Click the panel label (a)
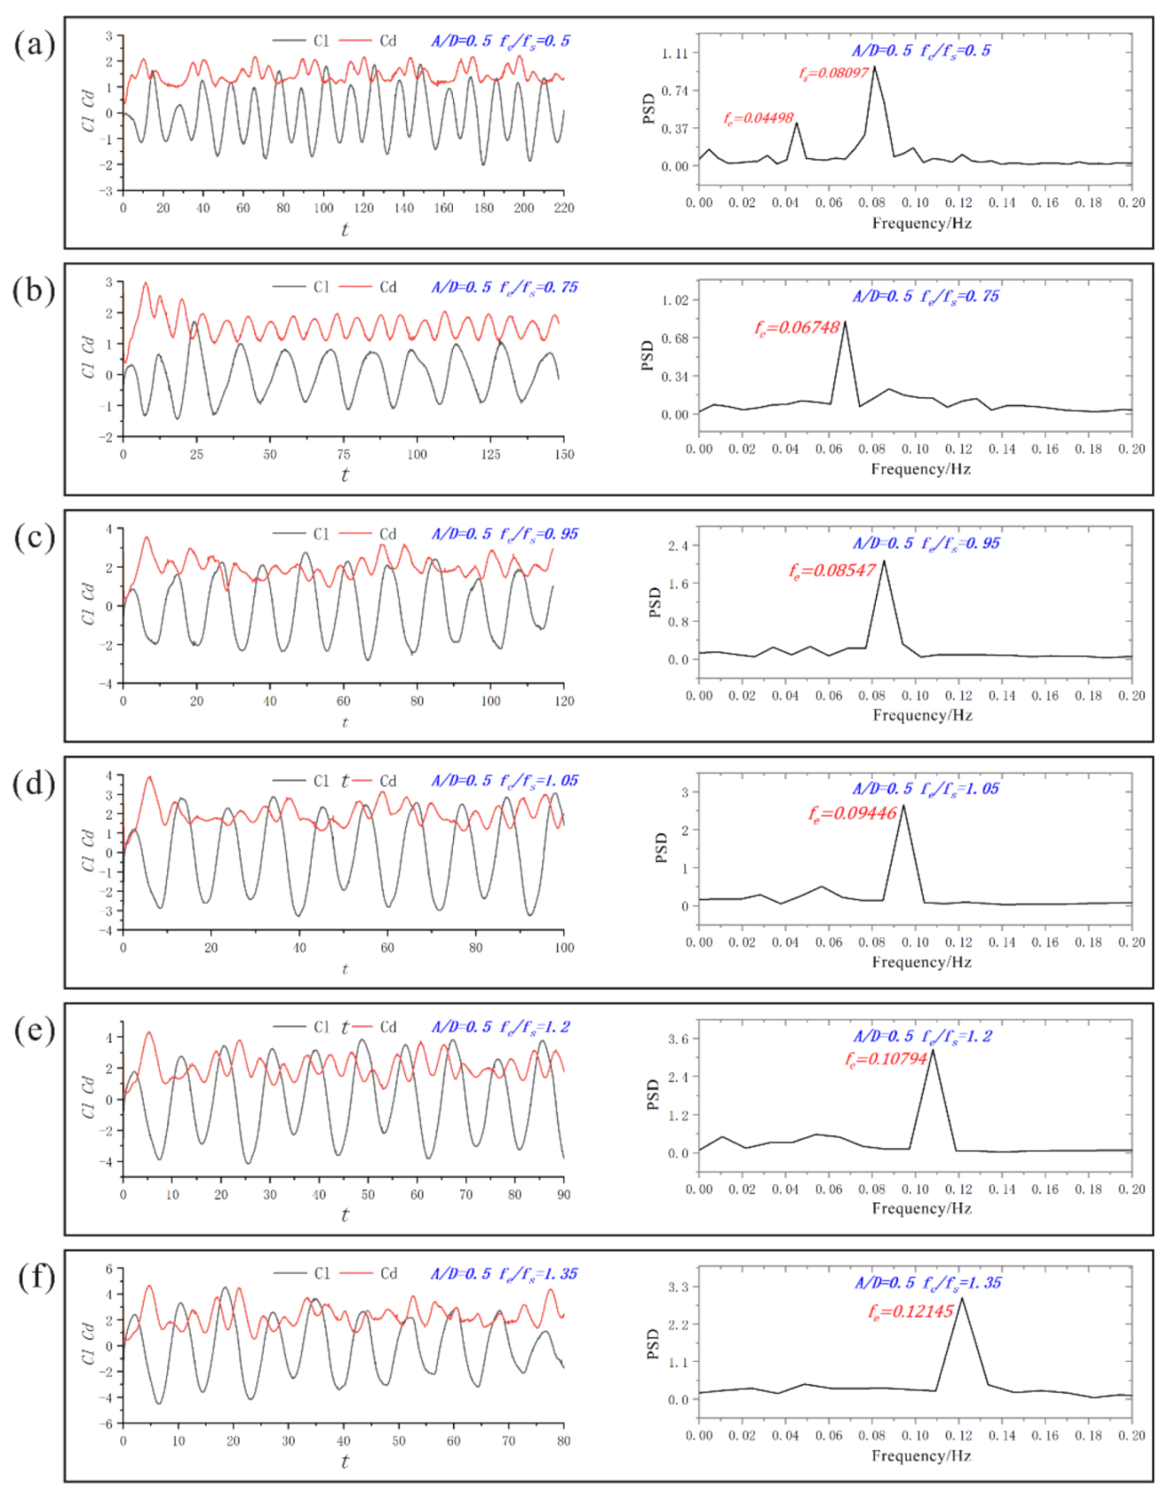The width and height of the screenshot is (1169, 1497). pos(34,44)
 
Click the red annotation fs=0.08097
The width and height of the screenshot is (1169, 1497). pos(833,73)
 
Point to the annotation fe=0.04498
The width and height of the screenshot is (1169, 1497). pos(758,117)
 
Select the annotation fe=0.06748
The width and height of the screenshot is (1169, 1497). pos(796,328)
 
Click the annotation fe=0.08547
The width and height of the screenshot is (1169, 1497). pos(832,571)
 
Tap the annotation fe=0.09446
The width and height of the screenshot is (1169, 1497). pos(852,813)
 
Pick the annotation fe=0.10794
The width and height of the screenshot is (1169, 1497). pos(886,1058)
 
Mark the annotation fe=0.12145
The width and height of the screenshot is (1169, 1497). pos(910,1312)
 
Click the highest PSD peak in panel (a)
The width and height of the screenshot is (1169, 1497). pos(874,66)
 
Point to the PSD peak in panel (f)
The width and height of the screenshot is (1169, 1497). pos(962,1297)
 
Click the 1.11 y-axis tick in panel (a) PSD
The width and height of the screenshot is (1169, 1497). pos(675,53)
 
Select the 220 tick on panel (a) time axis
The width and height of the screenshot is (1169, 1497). pos(563,208)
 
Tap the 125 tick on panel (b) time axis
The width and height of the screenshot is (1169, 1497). pos(490,455)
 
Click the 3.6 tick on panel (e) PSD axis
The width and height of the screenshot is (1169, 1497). pos(677,1039)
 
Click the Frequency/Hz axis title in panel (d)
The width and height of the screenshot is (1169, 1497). pos(921,962)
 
